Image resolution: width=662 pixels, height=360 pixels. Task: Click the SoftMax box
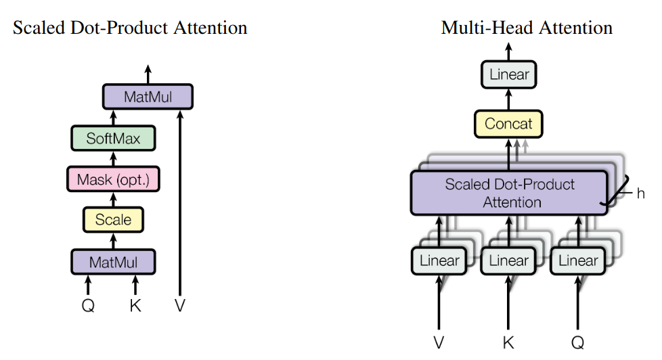[113, 138]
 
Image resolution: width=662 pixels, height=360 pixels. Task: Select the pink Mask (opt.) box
[113, 179]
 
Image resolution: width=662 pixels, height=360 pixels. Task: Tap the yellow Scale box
[113, 219]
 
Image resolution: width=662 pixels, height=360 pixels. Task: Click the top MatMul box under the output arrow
[148, 97]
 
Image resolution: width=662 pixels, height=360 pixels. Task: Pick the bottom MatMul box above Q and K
[113, 262]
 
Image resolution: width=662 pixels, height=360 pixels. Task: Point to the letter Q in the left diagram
[88, 305]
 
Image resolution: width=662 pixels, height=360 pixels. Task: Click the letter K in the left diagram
[135, 305]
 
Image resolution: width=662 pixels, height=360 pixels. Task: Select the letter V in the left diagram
[180, 305]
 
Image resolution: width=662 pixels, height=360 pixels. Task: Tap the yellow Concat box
[508, 124]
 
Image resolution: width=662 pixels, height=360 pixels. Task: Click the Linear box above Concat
[509, 74]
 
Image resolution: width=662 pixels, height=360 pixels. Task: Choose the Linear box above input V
[439, 261]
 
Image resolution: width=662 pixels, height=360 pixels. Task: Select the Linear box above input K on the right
[508, 261]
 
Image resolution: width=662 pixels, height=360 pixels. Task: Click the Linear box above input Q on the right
[578, 261]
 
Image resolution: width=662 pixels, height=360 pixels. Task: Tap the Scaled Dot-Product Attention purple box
[509, 193]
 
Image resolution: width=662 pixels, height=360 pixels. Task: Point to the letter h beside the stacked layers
[640, 194]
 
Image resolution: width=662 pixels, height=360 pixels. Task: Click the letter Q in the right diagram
[577, 342]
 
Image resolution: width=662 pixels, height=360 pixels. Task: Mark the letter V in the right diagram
[439, 342]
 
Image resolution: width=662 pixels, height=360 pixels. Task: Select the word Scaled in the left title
[39, 28]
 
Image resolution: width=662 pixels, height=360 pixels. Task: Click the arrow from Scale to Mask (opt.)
[113, 200]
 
